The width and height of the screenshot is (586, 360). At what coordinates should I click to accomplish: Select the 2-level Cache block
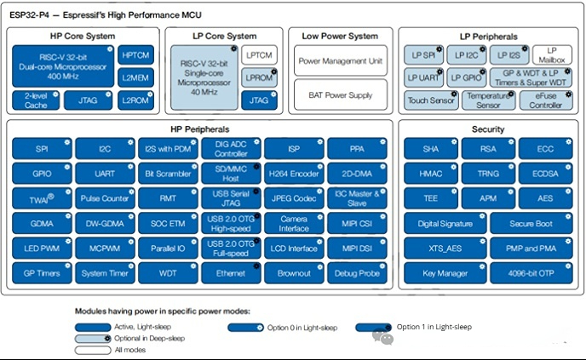(36, 100)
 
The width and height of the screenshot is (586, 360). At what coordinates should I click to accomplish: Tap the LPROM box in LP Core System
(256, 77)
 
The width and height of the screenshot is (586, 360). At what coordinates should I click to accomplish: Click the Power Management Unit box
(340, 60)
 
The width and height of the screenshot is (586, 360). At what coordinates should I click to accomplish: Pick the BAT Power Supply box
(340, 94)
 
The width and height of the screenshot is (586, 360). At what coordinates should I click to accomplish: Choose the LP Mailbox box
(550, 54)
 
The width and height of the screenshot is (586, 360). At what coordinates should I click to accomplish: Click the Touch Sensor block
(429, 100)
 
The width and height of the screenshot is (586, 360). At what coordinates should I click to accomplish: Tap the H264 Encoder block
(293, 174)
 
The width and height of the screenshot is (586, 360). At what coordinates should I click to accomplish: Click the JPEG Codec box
(293, 199)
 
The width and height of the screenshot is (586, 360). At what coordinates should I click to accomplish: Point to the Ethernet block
(230, 274)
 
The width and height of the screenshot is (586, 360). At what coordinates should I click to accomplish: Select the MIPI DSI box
(356, 249)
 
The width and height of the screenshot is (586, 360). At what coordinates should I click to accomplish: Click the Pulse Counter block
(104, 199)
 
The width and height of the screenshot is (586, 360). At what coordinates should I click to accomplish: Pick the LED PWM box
(41, 249)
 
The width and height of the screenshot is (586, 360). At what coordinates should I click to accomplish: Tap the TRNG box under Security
(489, 174)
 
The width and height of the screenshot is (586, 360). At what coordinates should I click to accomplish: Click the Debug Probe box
(356, 274)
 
